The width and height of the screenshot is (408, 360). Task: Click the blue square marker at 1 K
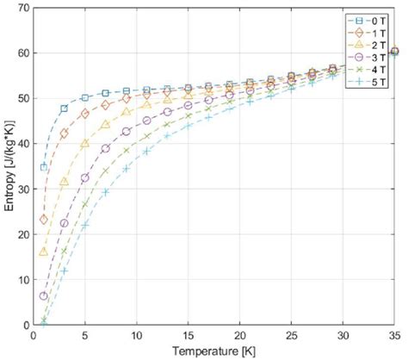[44, 167]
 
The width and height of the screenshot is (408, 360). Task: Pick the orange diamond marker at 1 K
[44, 220]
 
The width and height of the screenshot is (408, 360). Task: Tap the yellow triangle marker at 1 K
[44, 251]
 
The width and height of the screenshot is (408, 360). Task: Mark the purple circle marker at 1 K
[44, 296]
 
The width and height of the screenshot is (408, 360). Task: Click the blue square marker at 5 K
[85, 97]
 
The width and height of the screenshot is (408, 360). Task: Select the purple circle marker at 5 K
[85, 177]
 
